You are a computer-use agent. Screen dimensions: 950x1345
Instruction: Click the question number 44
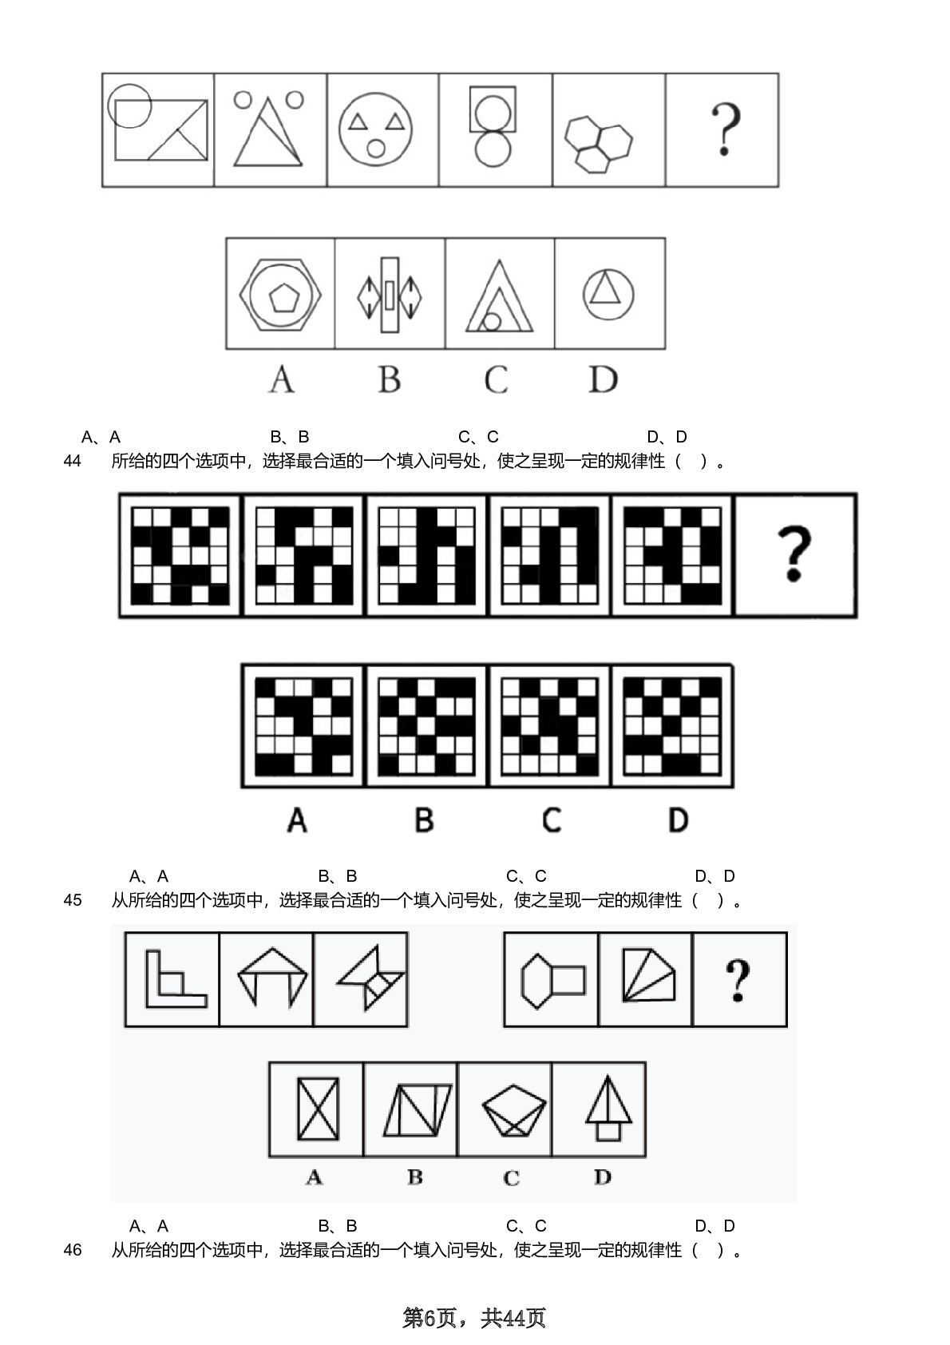point(72,461)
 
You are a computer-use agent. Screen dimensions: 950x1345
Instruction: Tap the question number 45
point(72,900)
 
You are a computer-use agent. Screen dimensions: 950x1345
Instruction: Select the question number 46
point(72,1250)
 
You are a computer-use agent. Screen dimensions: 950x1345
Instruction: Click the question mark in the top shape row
point(726,129)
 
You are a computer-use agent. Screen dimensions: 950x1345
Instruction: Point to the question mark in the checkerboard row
point(794,554)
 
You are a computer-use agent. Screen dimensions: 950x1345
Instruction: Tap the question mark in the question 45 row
point(738,981)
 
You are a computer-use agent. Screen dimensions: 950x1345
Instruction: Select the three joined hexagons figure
point(598,144)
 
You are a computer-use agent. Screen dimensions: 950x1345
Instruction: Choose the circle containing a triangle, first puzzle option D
point(608,294)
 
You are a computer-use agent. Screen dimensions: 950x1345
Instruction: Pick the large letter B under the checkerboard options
point(424,819)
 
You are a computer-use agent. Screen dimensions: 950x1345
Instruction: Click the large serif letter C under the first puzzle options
point(497,379)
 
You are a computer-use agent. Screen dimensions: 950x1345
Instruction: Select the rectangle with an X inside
point(318,1109)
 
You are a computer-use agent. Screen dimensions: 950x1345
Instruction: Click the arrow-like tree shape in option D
point(608,1108)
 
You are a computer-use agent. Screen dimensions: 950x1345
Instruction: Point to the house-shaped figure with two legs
point(272,976)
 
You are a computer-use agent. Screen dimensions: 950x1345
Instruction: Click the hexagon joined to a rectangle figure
point(552,981)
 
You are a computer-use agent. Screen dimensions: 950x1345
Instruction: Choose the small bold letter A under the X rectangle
point(315,1177)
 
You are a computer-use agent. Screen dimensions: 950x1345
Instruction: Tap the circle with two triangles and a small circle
point(376,129)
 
